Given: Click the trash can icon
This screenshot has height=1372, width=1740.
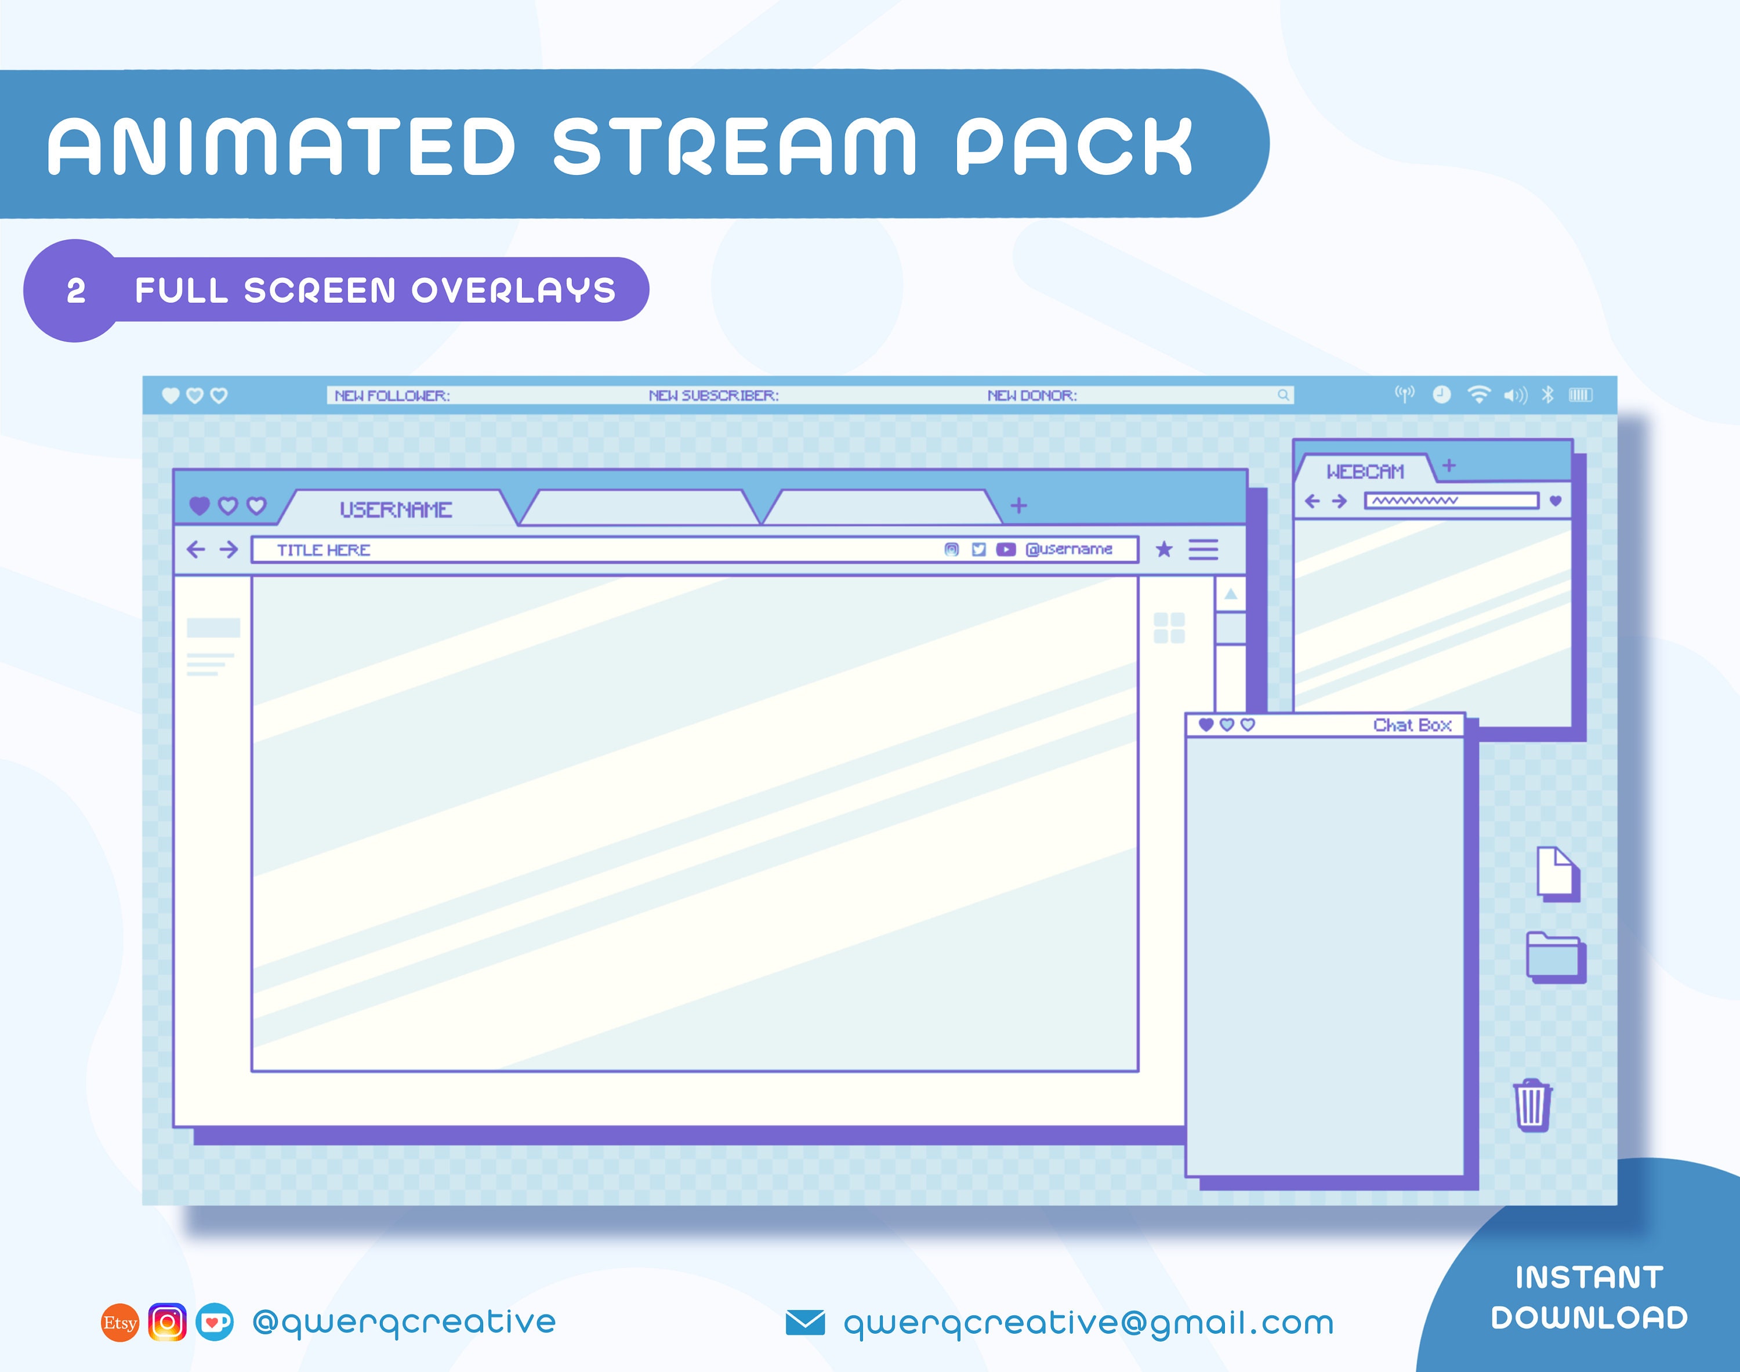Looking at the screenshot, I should [x=1532, y=1105].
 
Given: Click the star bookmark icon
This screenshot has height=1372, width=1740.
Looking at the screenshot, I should [x=1163, y=550].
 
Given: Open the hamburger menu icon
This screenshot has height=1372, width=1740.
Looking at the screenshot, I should [x=1202, y=550].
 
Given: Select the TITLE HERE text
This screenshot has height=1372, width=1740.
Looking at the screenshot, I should [x=324, y=550].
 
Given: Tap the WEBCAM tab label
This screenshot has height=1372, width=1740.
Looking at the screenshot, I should [x=1365, y=471].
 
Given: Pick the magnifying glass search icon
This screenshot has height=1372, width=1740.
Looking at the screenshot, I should [x=1283, y=395].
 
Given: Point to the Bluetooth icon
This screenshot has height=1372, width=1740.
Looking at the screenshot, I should [x=1547, y=394].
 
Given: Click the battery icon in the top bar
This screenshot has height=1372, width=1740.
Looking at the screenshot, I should [x=1580, y=394].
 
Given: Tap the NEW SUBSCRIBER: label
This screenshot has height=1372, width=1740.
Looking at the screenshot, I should [x=713, y=396].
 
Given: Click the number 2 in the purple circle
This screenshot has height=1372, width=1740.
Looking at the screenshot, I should [x=75, y=291].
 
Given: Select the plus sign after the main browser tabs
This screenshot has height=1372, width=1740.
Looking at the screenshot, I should [x=1018, y=505].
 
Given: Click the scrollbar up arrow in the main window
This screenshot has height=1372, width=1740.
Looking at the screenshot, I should [x=1230, y=594].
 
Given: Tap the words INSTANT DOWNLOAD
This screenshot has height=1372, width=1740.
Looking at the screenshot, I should [x=1589, y=1297].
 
